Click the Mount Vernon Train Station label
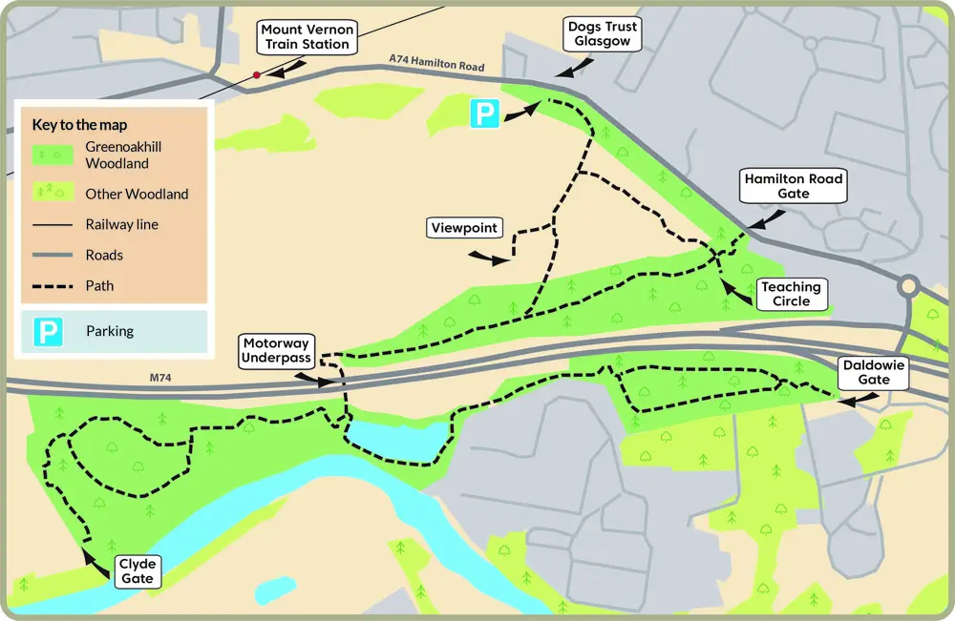point(308,37)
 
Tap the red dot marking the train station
point(256,74)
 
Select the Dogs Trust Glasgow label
point(602,34)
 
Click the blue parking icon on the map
point(484,114)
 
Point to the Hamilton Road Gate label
point(794,186)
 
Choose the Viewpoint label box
point(465,228)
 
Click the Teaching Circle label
point(791,294)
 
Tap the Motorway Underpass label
point(277,350)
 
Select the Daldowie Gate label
point(874,372)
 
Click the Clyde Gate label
point(138,570)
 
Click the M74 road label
point(161,379)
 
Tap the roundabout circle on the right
point(906,286)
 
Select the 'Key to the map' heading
point(79,125)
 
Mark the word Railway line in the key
point(122,225)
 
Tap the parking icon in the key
point(49,332)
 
